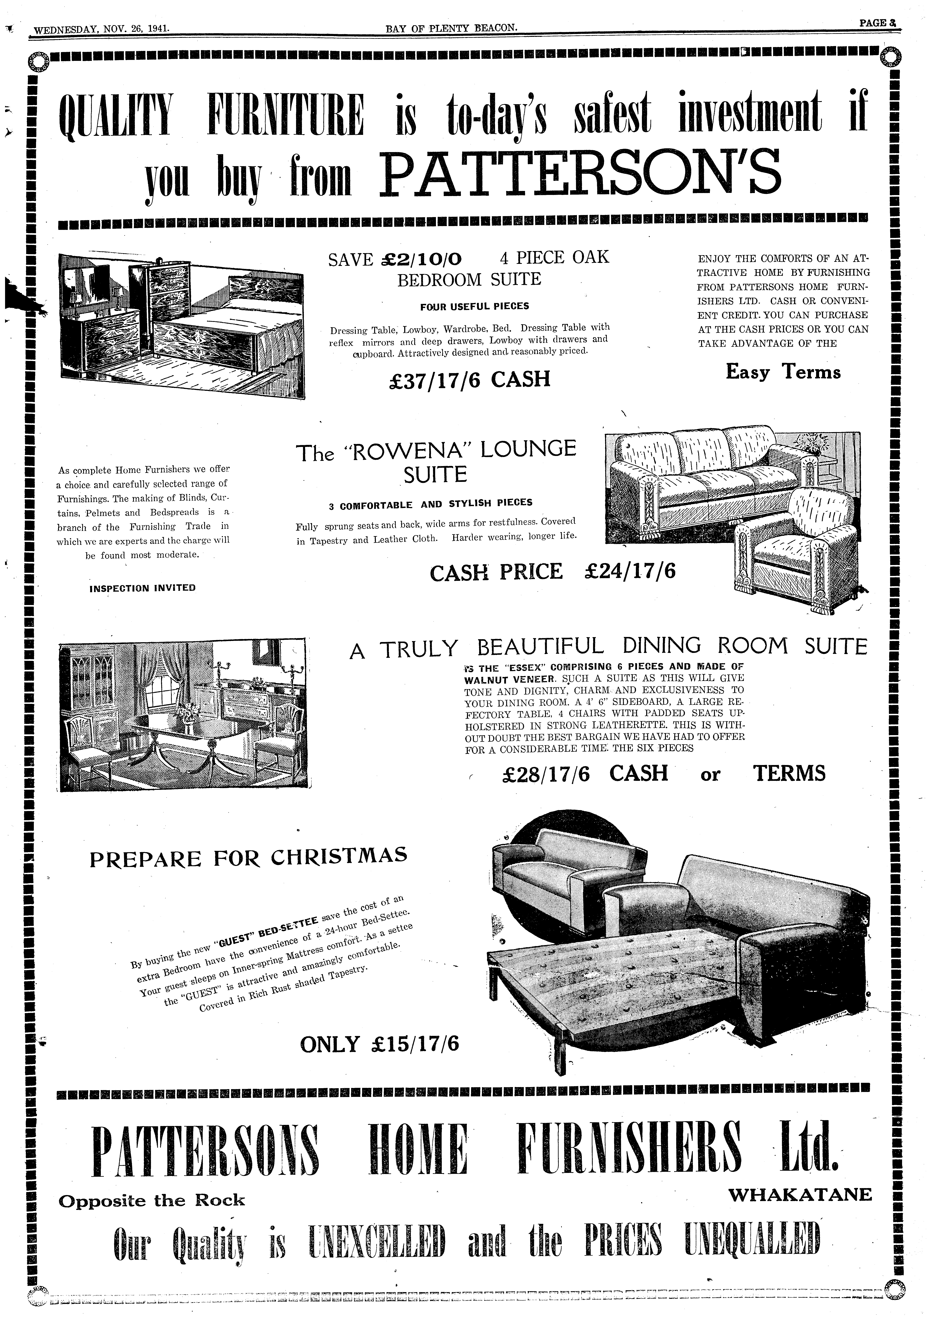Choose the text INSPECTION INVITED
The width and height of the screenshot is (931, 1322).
point(143,588)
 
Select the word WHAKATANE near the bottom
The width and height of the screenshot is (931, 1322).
point(800,1195)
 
